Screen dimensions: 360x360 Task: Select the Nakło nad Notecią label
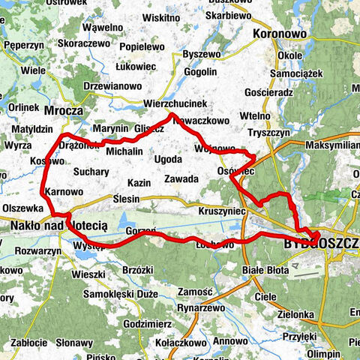58,224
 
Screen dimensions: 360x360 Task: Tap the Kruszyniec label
223,212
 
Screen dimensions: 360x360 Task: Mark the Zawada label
181,179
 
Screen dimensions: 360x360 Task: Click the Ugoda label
168,160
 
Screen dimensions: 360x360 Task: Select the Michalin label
124,151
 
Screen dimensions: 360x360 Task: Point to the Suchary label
91,172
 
